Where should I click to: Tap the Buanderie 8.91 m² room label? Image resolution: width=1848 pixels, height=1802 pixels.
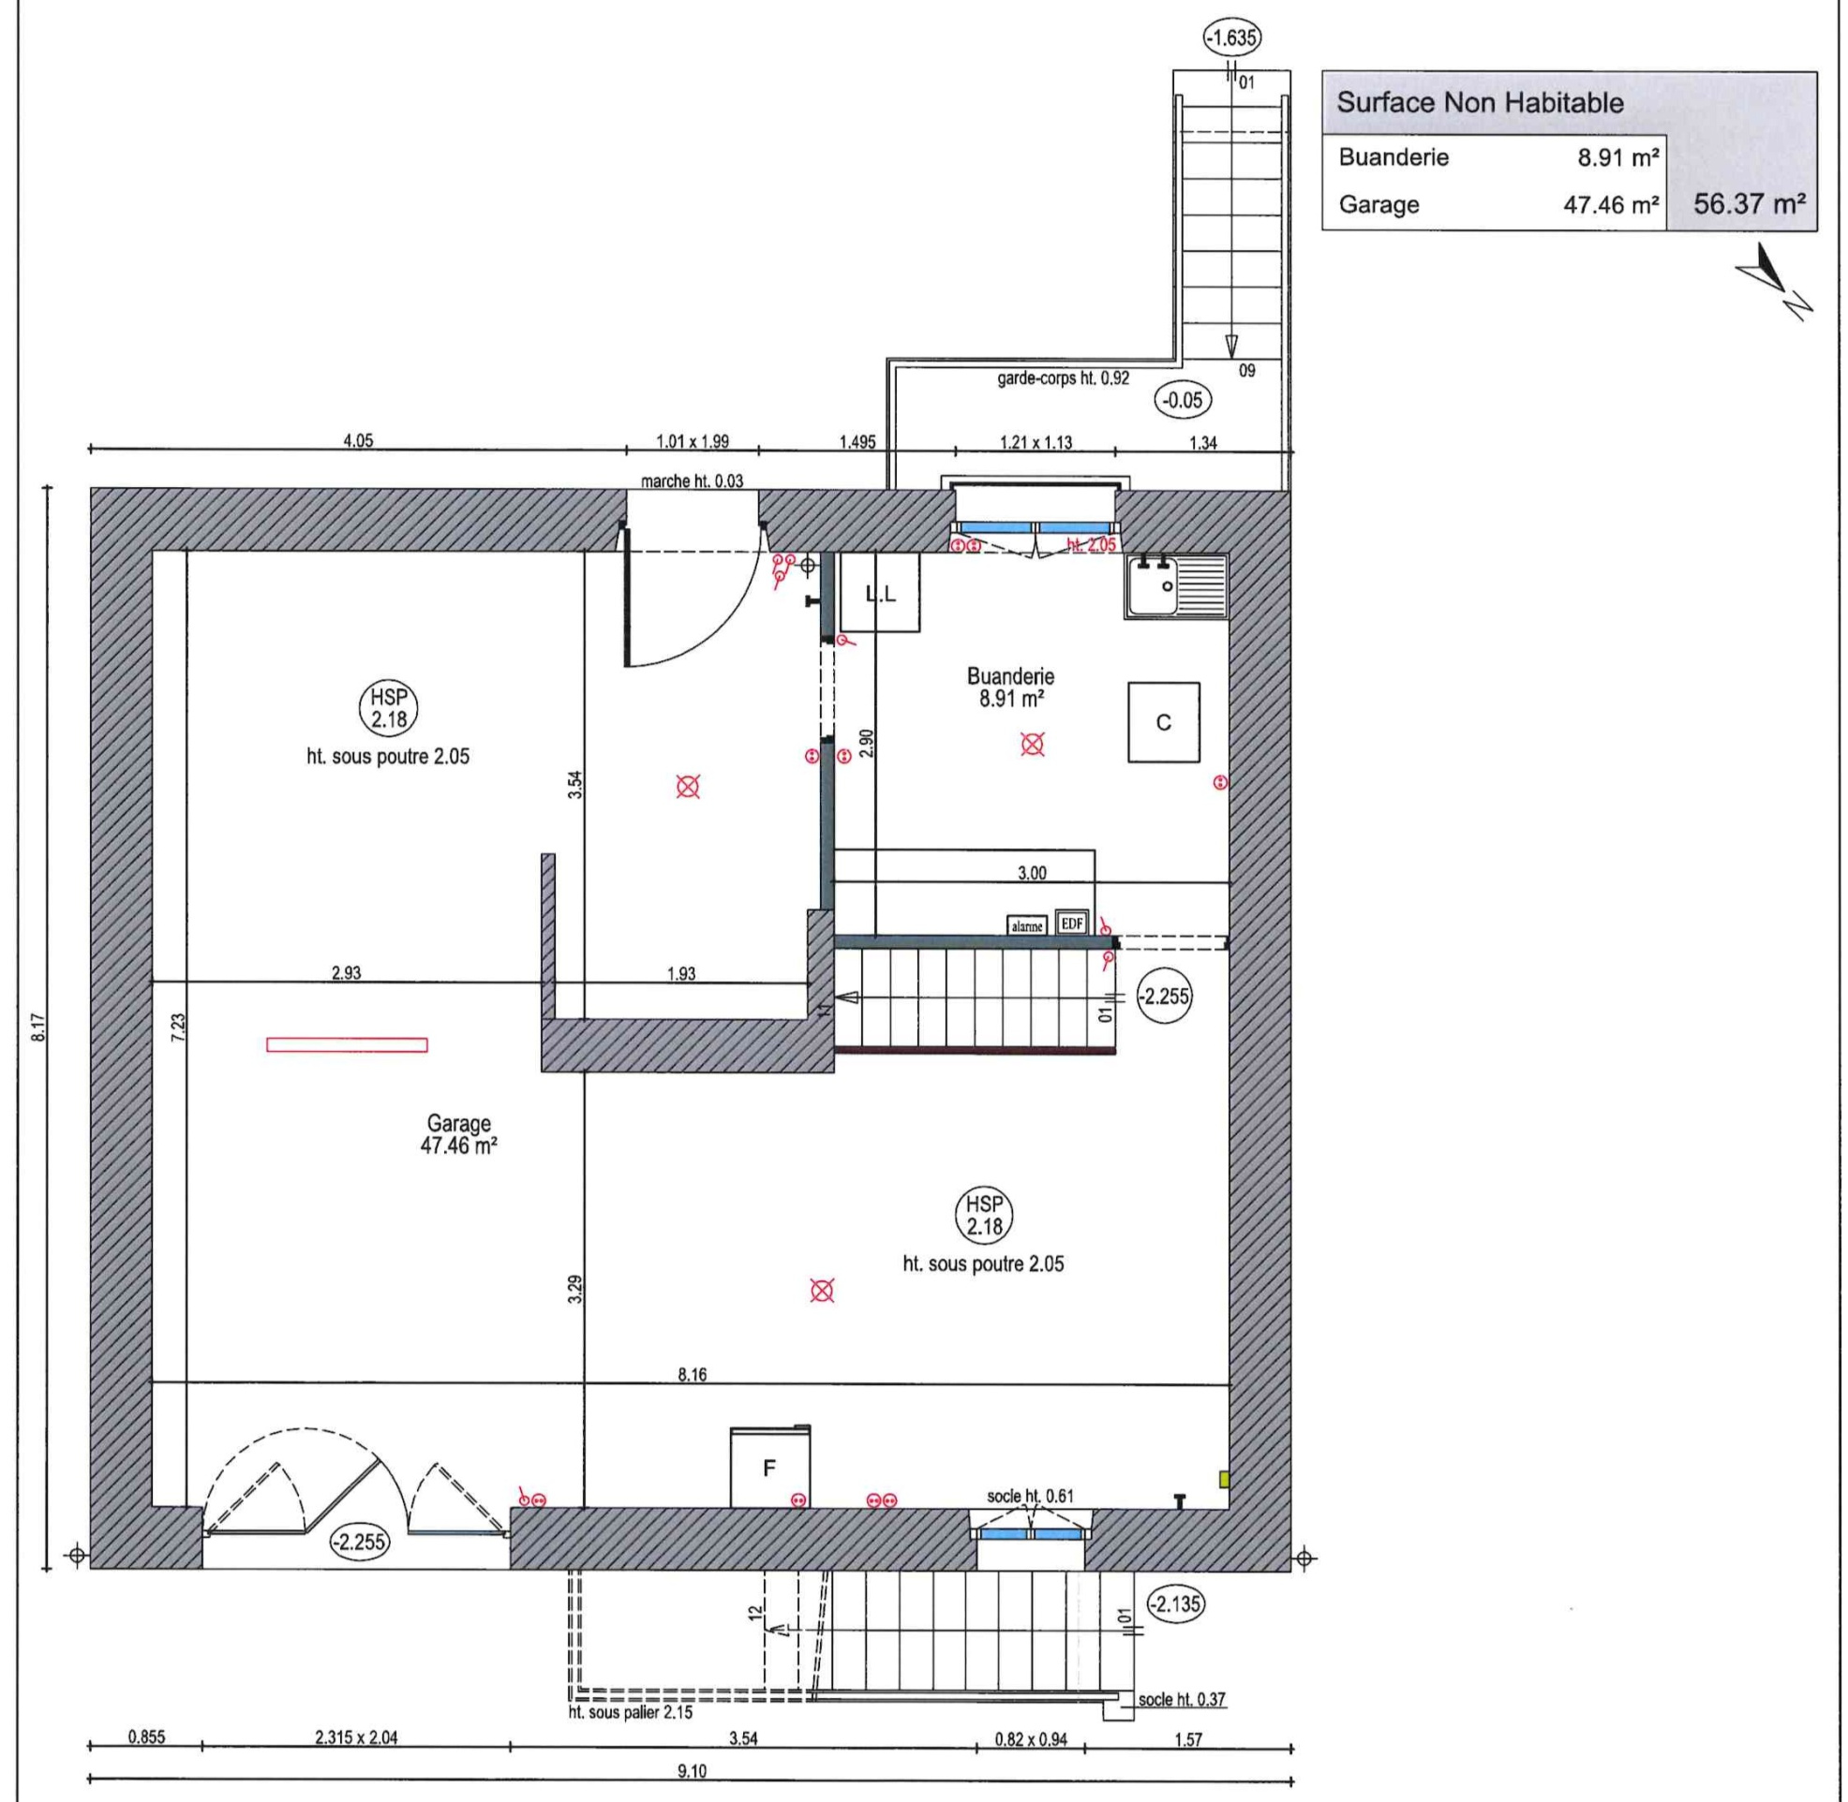coord(1010,688)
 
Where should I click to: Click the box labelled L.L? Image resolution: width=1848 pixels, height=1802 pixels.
coord(881,593)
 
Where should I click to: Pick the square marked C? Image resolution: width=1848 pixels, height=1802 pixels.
coord(1164,722)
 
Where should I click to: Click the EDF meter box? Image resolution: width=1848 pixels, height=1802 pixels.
coord(1072,923)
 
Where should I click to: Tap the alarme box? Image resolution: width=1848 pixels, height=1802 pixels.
coord(1027,925)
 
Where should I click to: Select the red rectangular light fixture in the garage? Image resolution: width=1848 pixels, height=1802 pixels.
coord(347,1045)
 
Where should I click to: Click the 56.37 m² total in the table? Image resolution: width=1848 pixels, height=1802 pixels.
coord(1749,203)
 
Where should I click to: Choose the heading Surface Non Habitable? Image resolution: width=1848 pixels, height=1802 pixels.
coord(1480,103)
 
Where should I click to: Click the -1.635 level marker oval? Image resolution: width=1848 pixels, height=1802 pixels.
coord(1231,38)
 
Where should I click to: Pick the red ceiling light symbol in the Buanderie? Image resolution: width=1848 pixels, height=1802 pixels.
coord(1033,744)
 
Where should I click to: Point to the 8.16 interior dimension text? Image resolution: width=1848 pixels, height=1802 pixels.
coord(692,1374)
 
